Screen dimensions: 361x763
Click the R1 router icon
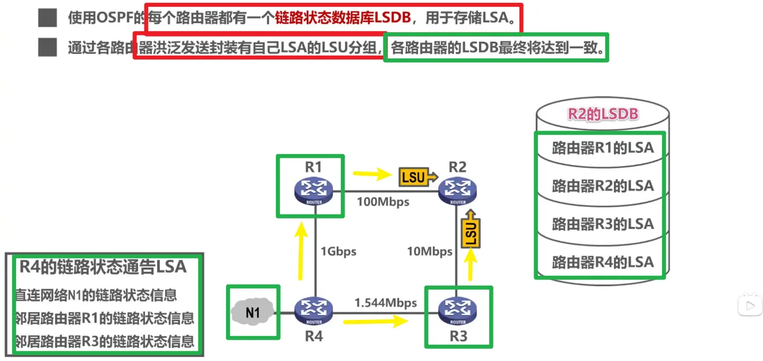313,191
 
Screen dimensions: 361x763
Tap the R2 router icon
457,191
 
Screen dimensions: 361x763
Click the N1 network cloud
253,312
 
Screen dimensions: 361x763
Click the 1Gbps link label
338,251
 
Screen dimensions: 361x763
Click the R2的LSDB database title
603,114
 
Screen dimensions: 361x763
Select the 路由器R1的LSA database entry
602,148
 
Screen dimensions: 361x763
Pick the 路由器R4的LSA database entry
602,262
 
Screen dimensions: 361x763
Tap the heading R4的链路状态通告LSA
103,267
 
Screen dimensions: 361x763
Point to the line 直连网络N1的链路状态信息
96,296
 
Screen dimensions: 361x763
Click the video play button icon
750,305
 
